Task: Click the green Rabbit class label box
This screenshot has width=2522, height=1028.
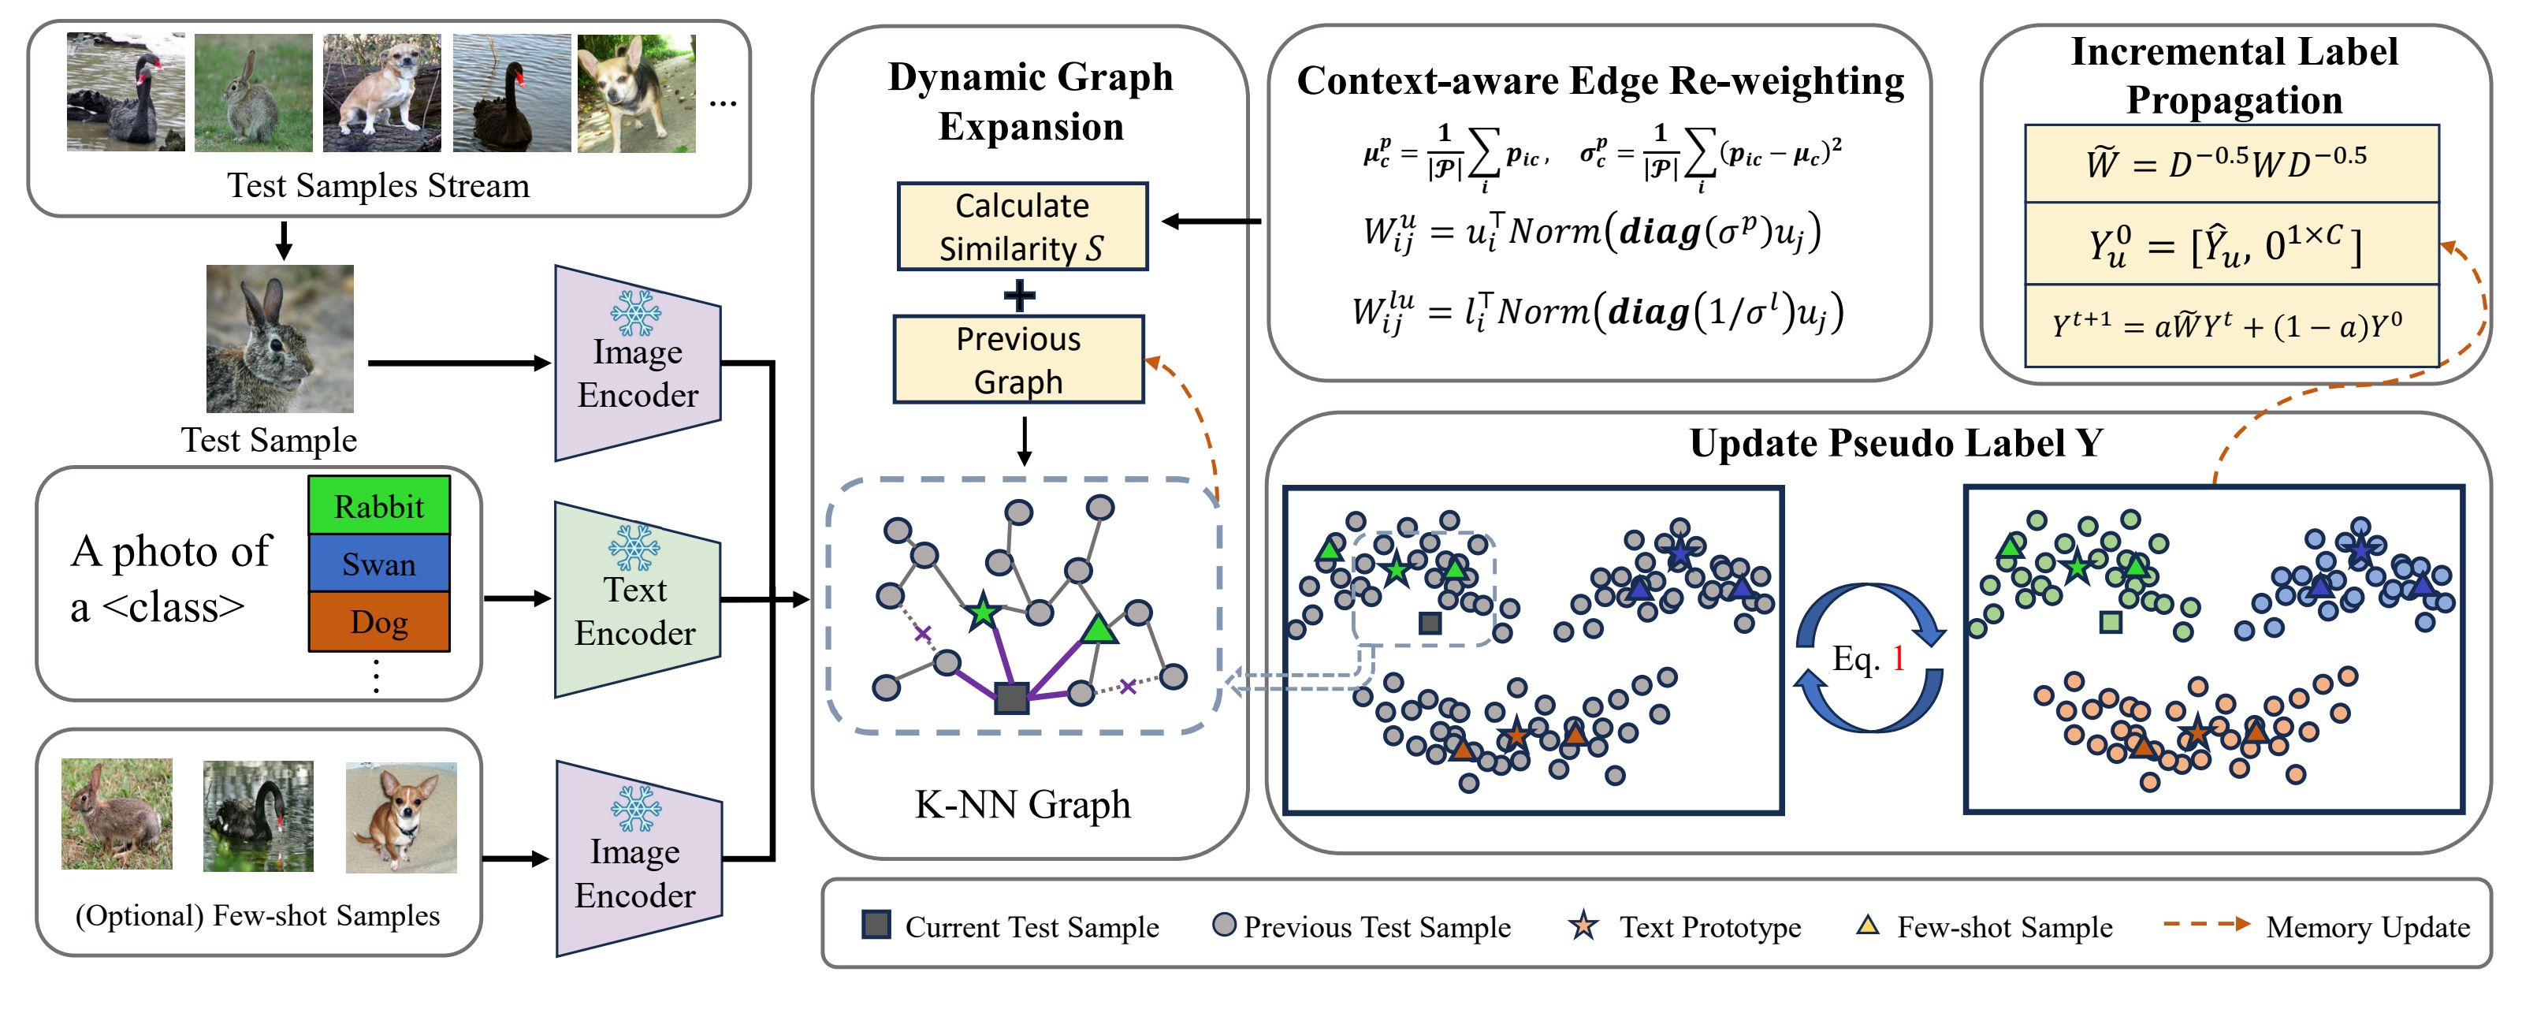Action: click(x=379, y=505)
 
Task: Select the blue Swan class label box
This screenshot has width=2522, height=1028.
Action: click(x=379, y=563)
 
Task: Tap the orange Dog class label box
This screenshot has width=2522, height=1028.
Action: click(x=379, y=622)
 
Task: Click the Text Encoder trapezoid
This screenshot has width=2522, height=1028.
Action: click(x=636, y=599)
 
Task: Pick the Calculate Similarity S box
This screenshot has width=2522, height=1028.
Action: click(x=1022, y=226)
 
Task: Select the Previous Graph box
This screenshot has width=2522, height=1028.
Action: click(x=1018, y=359)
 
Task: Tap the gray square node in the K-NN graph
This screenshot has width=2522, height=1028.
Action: click(x=1010, y=698)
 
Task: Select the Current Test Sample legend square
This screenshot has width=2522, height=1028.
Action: click(x=876, y=924)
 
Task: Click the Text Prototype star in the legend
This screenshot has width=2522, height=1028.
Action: click(x=1583, y=924)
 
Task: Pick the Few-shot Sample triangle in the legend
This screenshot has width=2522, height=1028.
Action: click(x=1867, y=924)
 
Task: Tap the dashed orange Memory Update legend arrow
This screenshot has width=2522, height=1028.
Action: click(x=2207, y=923)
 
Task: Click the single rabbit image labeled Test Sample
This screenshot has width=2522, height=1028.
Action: click(x=279, y=339)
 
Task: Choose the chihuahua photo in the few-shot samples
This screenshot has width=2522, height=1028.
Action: click(x=400, y=818)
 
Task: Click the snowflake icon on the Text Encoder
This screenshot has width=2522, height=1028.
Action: click(x=634, y=547)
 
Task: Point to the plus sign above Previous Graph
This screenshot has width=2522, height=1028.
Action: click(x=1019, y=295)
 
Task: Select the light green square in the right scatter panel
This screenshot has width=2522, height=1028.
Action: click(x=2111, y=620)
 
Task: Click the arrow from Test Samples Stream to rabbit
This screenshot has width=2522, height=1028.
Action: click(x=284, y=240)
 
